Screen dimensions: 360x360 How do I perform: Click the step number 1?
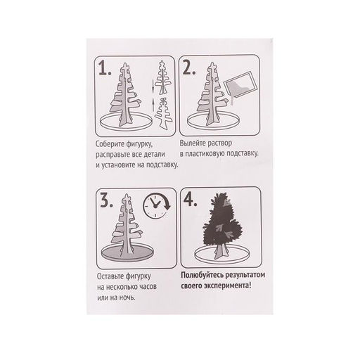(x=105, y=68)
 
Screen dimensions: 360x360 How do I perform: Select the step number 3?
(x=106, y=201)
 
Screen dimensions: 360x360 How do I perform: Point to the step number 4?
(x=191, y=200)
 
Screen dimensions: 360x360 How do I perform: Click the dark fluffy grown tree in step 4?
(x=222, y=226)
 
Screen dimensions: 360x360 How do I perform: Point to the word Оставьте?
(x=111, y=276)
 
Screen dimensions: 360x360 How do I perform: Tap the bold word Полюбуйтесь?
(x=202, y=275)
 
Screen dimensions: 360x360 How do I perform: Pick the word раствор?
(x=220, y=143)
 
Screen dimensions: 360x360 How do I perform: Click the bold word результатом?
(x=245, y=275)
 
